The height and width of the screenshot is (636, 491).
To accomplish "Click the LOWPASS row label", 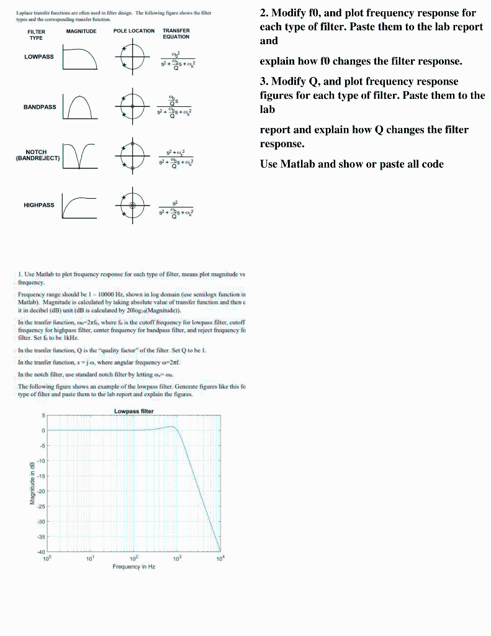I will [x=38, y=57].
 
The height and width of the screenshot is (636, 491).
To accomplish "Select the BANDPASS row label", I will [x=40, y=107].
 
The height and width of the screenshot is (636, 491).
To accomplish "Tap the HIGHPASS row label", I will [x=38, y=205].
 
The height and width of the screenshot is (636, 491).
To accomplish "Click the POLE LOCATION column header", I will [x=134, y=30].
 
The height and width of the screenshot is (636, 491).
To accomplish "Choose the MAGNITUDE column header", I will [x=81, y=30].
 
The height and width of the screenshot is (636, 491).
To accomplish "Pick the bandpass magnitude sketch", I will [x=81, y=107].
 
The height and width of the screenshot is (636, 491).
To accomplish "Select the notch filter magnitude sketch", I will [x=81, y=157].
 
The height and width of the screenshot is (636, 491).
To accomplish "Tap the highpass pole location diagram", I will [x=132, y=206].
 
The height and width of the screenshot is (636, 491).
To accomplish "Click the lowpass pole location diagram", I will [x=132, y=59].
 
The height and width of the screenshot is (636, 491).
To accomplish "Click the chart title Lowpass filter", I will [x=134, y=411].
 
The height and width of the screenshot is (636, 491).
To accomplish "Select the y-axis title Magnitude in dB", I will [x=32, y=484].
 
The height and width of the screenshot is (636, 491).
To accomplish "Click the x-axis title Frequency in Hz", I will [x=134, y=566].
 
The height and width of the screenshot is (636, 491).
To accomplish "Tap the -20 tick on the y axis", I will [x=40, y=491].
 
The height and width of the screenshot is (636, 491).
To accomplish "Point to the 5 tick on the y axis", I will [x=43, y=416].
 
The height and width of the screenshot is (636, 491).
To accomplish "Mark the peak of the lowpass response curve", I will [x=172, y=427].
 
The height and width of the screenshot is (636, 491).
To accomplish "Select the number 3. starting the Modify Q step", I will [x=264, y=81].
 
